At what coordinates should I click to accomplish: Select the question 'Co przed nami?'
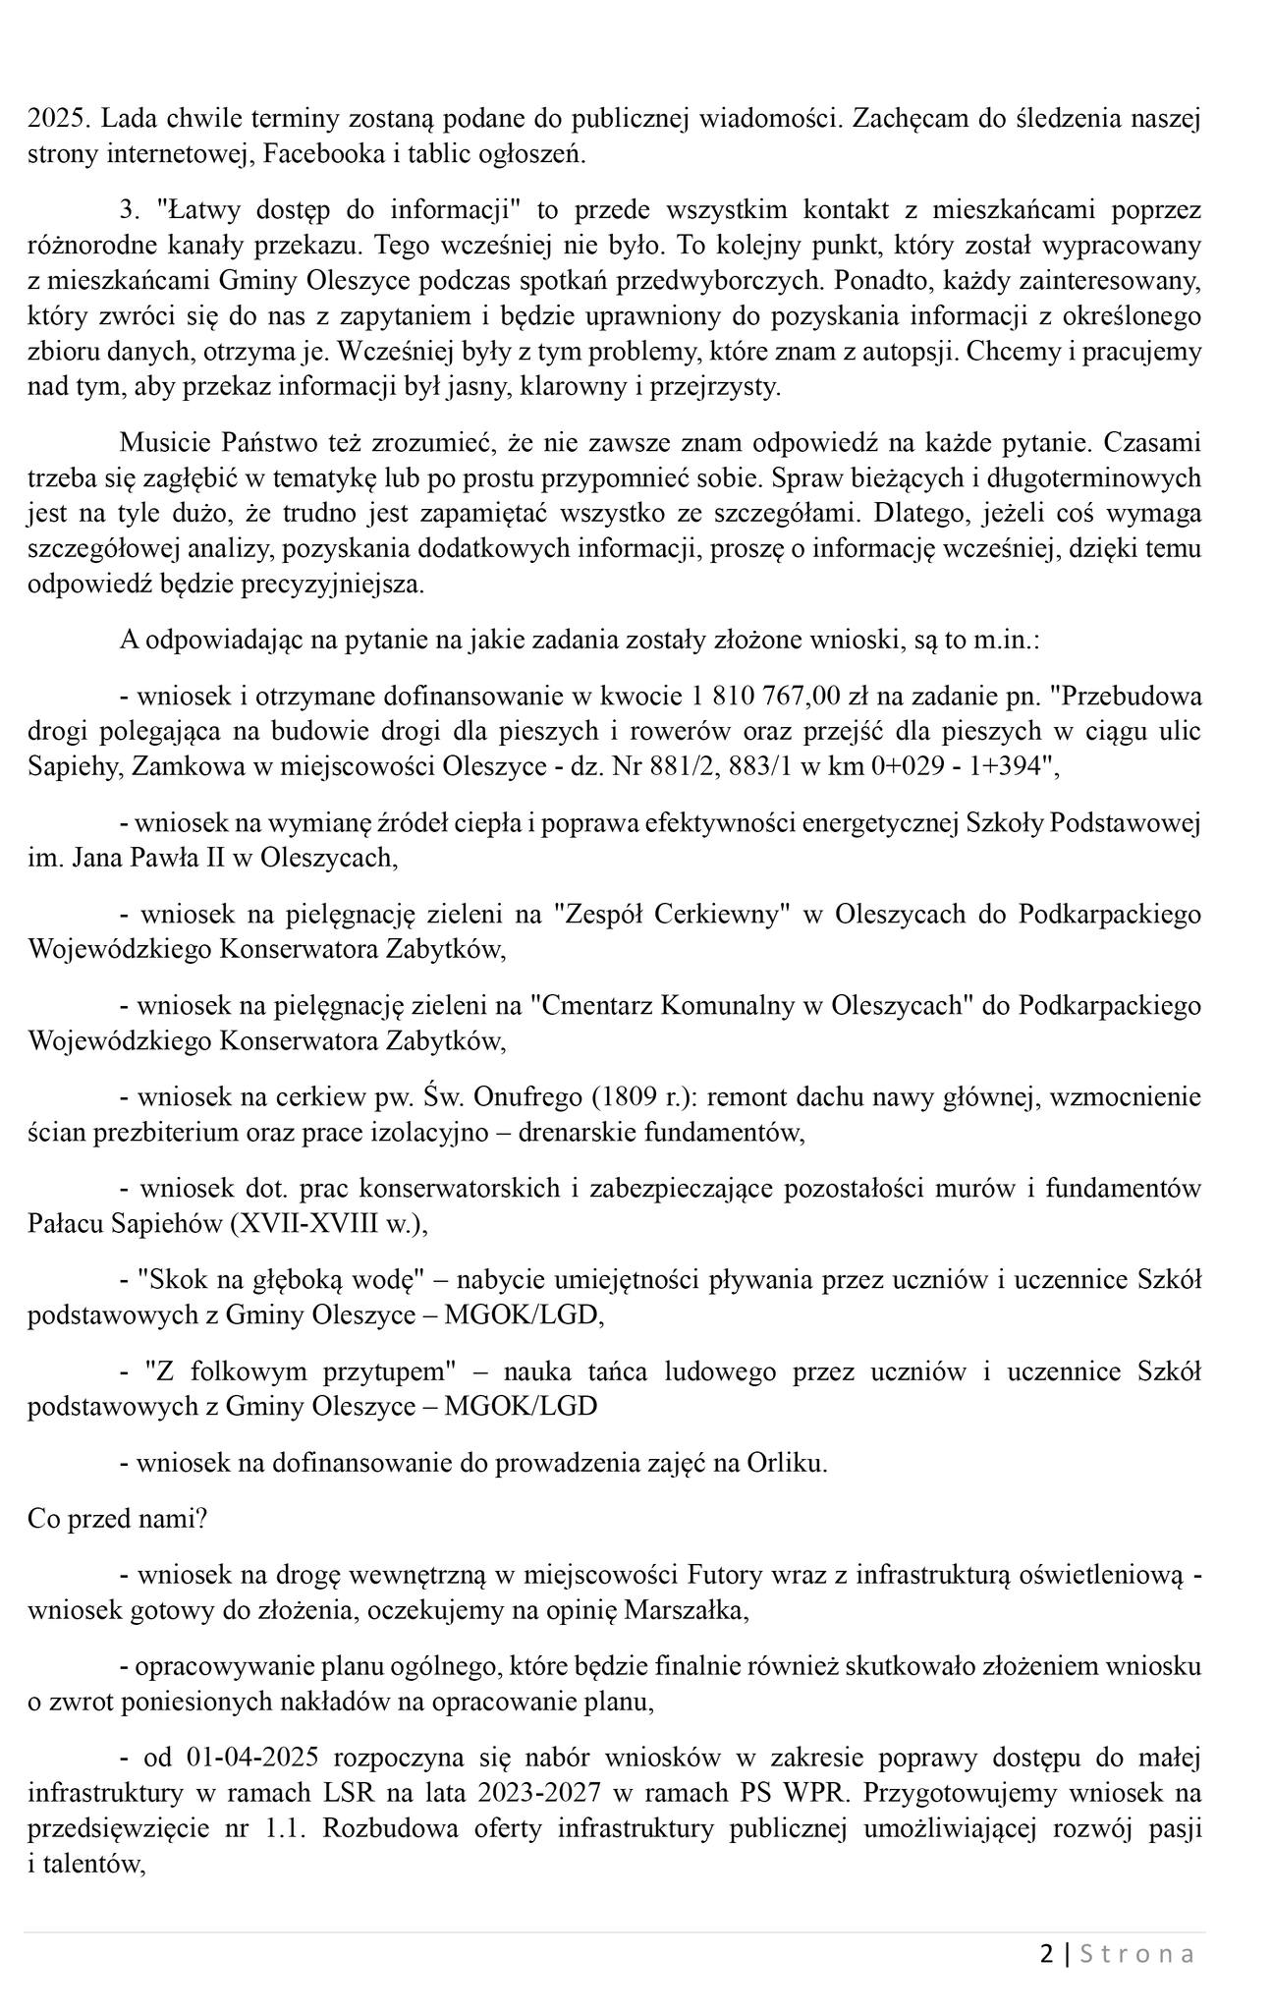pyautogui.click(x=118, y=1519)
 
